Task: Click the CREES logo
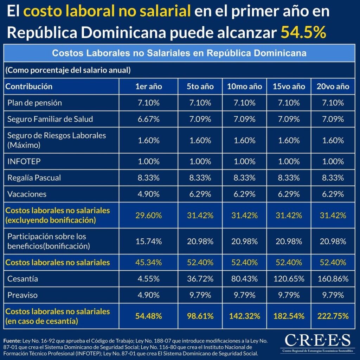pos(317,343)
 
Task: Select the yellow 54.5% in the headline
pos(303,32)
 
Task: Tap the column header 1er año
pos(149,86)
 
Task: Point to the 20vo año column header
pos(333,86)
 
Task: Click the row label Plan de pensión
pos(35,103)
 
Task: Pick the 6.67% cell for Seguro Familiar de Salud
pos(149,119)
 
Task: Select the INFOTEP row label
pos(24,161)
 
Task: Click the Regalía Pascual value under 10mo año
pos(245,178)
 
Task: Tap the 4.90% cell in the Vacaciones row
pos(149,194)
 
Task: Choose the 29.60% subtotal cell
pos(149,216)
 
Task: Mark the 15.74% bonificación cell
pos(149,241)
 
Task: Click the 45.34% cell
pos(149,262)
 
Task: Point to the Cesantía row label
pos(23,279)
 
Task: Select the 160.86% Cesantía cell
pos(333,279)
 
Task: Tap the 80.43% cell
pos(245,279)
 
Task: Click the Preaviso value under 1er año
pos(149,295)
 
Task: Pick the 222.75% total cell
pos(333,316)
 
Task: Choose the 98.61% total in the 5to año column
pos(200,316)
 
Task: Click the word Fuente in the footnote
pos(12,341)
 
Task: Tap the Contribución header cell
pos(29,86)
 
